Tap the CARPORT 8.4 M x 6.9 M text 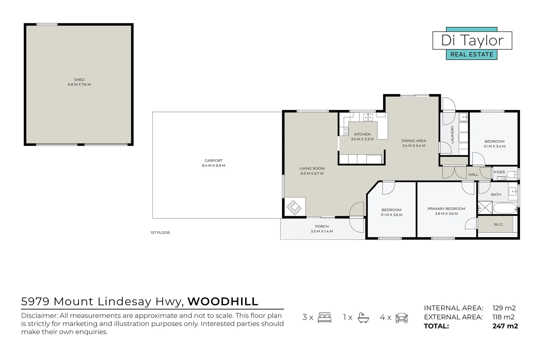click(213, 163)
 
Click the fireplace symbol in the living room click(294, 207)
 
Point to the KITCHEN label click(362, 134)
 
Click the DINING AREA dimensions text click(414, 146)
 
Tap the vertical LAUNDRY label click(453, 134)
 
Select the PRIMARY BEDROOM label click(446, 209)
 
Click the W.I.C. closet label click(499, 224)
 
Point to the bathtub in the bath click(505, 208)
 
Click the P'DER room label click(499, 172)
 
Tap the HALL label click(473, 174)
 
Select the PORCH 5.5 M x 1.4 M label click(322, 229)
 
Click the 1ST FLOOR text click(160, 233)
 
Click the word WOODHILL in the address click(223, 301)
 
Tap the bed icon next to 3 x click(324, 317)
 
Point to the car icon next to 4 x click(402, 317)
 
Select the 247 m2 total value click(505, 326)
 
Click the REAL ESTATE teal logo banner click(472, 54)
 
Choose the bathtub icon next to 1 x click(363, 317)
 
